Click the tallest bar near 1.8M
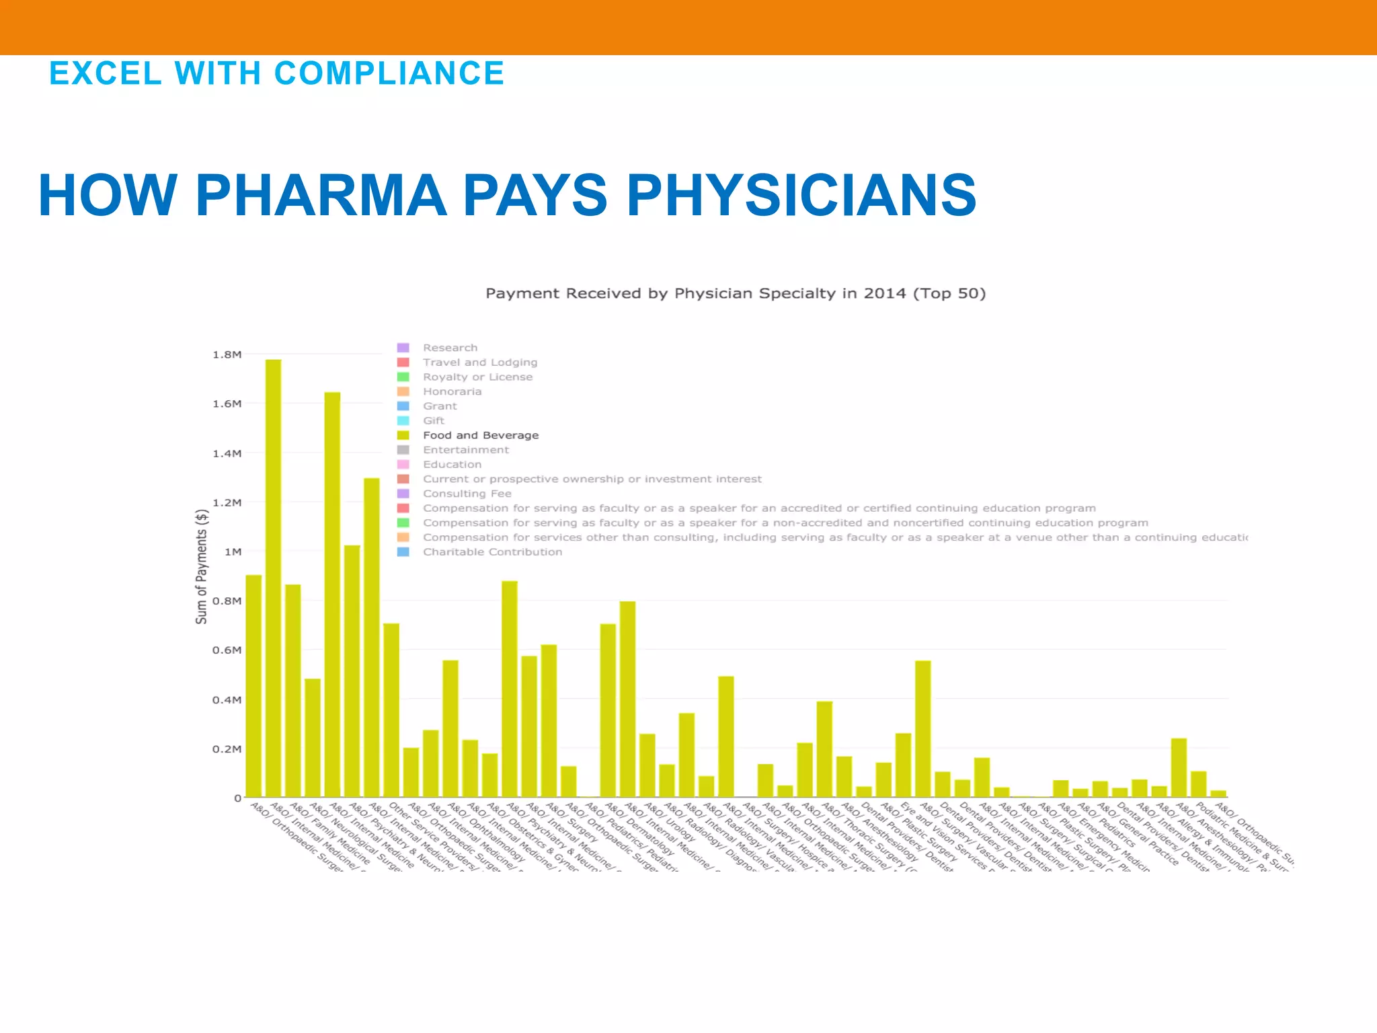click(273, 578)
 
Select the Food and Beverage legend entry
click(480, 435)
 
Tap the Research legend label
click(450, 348)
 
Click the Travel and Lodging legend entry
click(479, 362)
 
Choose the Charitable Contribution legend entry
click(492, 552)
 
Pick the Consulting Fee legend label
click(467, 494)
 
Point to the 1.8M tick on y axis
click(227, 354)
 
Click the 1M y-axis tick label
click(233, 551)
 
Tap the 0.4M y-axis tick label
click(227, 699)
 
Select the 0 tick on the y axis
click(237, 798)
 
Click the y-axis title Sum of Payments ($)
click(201, 566)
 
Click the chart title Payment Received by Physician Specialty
click(735, 293)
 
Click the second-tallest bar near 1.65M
click(332, 595)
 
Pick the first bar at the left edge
click(253, 686)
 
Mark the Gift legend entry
click(433, 421)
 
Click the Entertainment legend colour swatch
click(403, 450)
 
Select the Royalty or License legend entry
click(477, 377)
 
